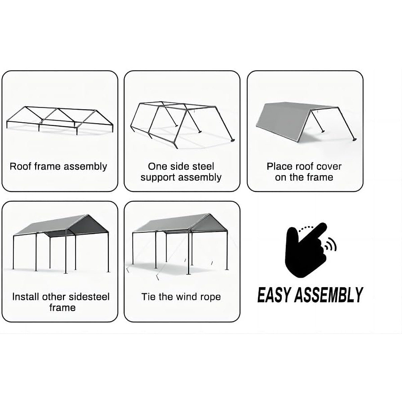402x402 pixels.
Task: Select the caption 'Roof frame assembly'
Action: pos(58,166)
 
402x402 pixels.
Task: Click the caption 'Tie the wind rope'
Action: pos(181,297)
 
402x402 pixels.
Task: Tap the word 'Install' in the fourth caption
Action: pos(25,297)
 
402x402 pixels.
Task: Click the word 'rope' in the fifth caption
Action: pos(210,297)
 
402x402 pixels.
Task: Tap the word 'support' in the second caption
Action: pos(157,178)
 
